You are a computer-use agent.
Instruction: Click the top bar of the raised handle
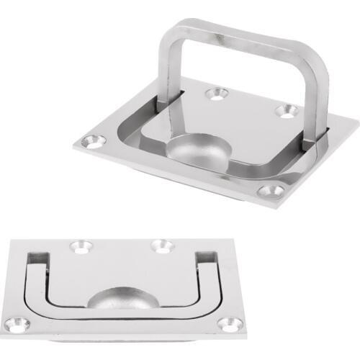pos(238,33)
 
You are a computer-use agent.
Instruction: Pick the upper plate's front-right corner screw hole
pos(271,191)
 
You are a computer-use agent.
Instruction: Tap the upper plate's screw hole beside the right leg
pos(287,110)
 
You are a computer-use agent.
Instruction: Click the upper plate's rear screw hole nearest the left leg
pos(215,94)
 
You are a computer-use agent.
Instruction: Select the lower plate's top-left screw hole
pos(80,247)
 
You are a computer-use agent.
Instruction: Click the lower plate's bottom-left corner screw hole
pos(20,325)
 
